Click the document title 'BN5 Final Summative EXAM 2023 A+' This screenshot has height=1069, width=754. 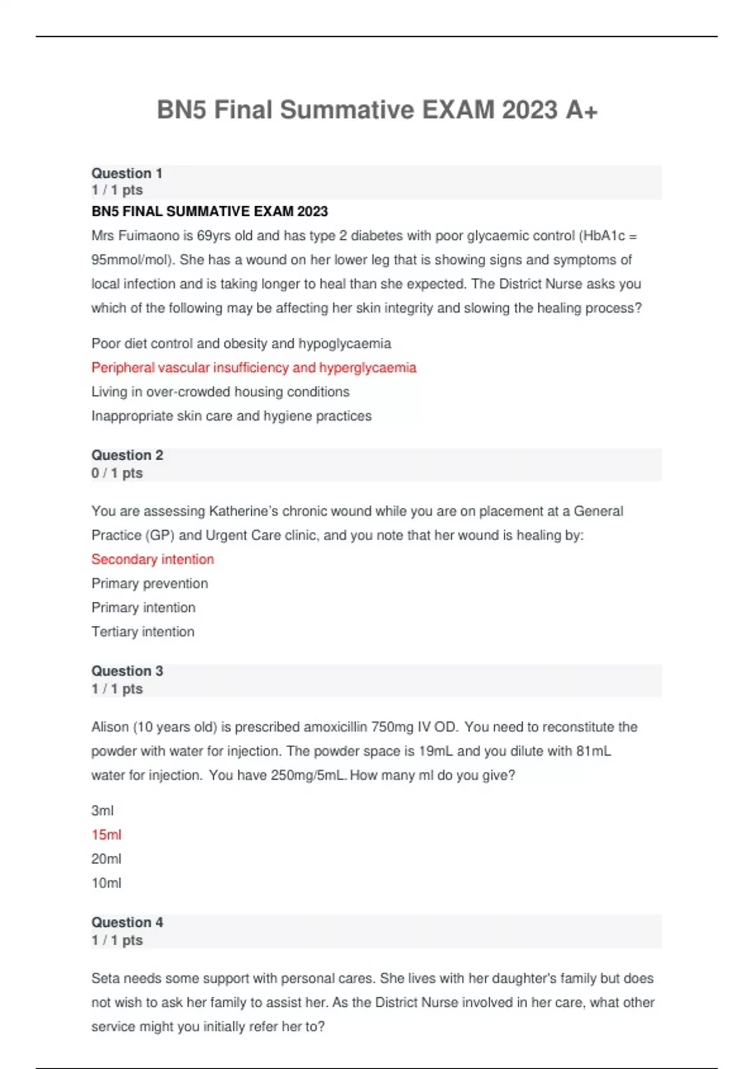tap(377, 110)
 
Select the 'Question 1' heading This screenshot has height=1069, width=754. tap(127, 173)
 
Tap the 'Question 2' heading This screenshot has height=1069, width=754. tap(127, 455)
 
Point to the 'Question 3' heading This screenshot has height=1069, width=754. tap(127, 670)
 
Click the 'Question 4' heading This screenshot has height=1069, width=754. tap(127, 922)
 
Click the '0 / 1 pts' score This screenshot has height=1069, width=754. tap(117, 473)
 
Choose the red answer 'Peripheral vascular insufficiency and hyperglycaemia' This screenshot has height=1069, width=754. tap(254, 367)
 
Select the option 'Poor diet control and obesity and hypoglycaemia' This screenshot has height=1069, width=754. tap(241, 343)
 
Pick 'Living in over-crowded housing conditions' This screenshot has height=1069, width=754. tap(221, 392)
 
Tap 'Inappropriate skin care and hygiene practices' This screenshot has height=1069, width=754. tap(231, 416)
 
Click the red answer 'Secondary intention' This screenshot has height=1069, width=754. tap(153, 559)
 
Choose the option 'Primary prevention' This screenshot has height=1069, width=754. tap(150, 583)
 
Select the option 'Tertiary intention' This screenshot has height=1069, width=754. tap(143, 631)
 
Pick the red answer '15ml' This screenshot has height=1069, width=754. tap(106, 834)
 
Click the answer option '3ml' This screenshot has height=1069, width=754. tap(102, 811)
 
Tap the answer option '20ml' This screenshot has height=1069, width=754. tap(106, 858)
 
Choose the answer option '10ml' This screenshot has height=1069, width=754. tap(106, 883)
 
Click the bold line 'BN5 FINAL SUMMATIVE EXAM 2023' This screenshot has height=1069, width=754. tap(210, 211)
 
